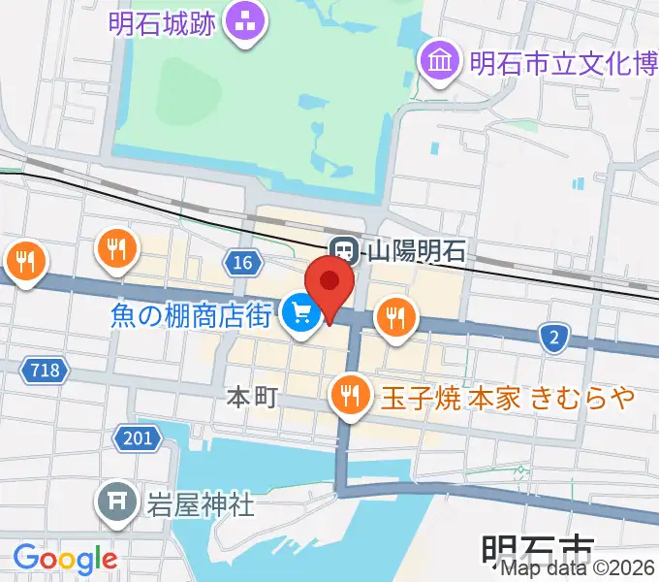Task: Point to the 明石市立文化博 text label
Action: click(563, 63)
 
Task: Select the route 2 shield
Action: click(553, 337)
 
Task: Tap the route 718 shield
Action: click(45, 370)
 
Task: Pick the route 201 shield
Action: click(138, 437)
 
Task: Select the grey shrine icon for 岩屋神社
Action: click(116, 501)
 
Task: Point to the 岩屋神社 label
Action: click(200, 503)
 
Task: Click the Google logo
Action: click(65, 558)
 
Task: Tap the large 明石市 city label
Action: click(537, 553)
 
